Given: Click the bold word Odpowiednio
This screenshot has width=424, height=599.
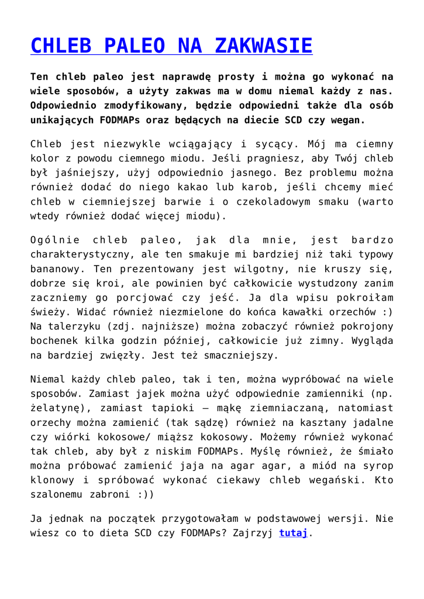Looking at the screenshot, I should [66, 105].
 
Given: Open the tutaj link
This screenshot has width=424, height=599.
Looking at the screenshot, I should [293, 533].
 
